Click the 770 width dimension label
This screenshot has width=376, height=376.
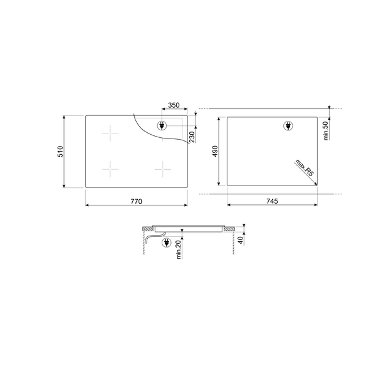click(136, 201)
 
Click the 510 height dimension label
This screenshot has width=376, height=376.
click(60, 151)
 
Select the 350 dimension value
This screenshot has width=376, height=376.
click(174, 105)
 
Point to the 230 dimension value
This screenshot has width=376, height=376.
click(192, 137)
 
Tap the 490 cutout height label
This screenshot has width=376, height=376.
click(215, 151)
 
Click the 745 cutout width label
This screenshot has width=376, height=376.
click(272, 201)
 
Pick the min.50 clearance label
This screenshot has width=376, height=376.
click(325, 131)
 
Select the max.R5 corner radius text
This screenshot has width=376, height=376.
click(305, 167)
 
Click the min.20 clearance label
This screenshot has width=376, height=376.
click(179, 250)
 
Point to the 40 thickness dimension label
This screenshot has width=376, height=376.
click(240, 239)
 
